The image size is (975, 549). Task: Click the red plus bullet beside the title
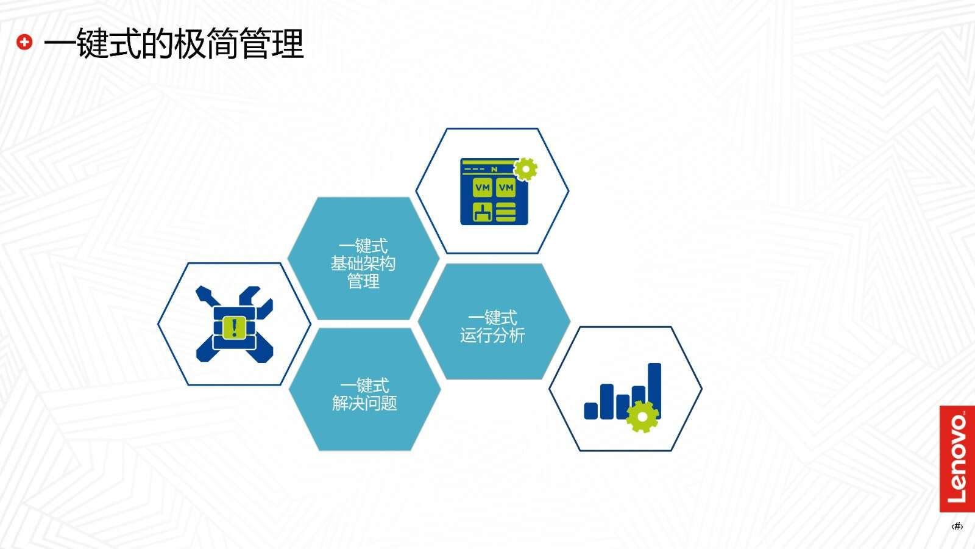24,42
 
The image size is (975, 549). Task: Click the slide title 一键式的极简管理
173,43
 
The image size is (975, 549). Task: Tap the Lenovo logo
957,459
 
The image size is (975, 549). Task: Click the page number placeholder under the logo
957,526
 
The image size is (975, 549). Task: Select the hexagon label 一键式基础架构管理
363,264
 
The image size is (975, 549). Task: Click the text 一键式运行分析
493,327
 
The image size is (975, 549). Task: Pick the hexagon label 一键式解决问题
364,395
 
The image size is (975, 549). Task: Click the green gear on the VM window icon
525,170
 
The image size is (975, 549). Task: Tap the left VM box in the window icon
483,188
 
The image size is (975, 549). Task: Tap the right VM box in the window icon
506,188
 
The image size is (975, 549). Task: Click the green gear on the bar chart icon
642,417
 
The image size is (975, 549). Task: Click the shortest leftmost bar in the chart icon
590,411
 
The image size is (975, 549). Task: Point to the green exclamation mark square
234,328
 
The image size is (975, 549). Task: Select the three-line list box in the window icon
506,212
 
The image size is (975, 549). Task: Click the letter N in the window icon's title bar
494,169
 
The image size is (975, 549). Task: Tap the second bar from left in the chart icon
607,401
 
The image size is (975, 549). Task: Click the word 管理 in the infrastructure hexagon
363,281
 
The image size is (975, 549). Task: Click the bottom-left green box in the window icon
483,212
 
